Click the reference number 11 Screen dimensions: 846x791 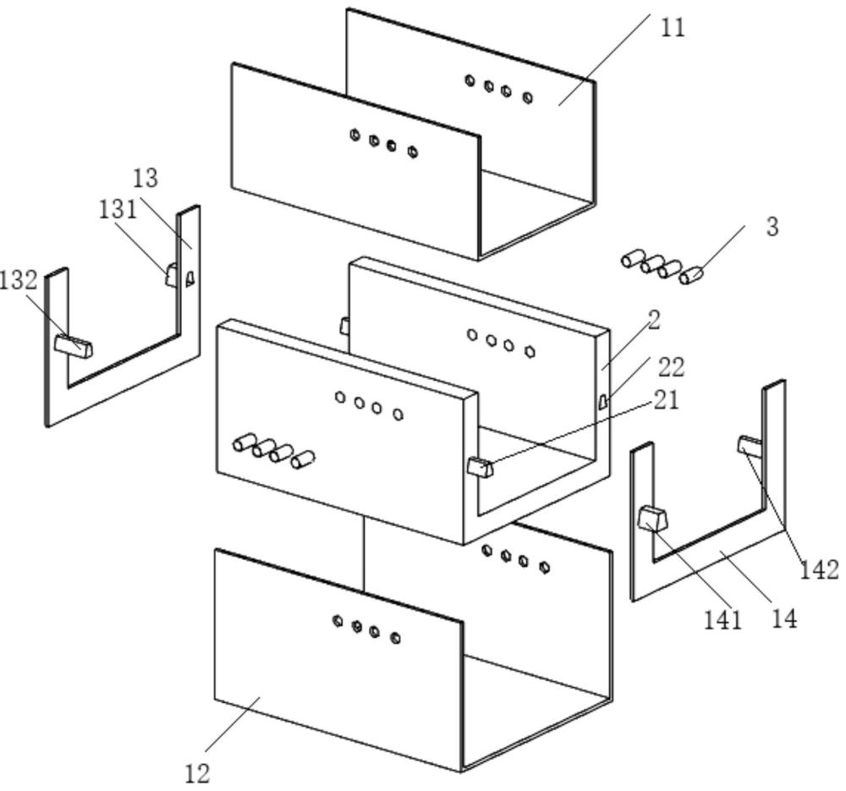pos(673,28)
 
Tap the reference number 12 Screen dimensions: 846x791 pos(197,774)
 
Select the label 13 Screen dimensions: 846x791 pos(146,178)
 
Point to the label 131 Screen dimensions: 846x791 pos(118,208)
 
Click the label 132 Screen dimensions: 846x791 pos(19,280)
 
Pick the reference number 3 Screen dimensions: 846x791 pos(772,227)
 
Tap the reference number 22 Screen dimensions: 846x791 pos(671,367)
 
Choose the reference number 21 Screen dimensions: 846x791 pos(667,400)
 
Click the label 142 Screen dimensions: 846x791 pos(819,570)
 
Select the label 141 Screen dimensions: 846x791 pos(723,620)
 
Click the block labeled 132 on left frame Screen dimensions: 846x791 pos(74,345)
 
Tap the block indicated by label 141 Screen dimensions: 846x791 pos(653,519)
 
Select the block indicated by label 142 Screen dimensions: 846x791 pos(750,446)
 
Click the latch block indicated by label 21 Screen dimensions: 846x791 pos(481,467)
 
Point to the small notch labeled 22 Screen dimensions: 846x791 pos(602,401)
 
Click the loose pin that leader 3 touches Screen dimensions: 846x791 pos(691,276)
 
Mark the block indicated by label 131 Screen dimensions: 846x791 pos(172,275)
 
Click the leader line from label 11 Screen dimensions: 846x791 pos(604,59)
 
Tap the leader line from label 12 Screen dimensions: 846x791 pos(233,723)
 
